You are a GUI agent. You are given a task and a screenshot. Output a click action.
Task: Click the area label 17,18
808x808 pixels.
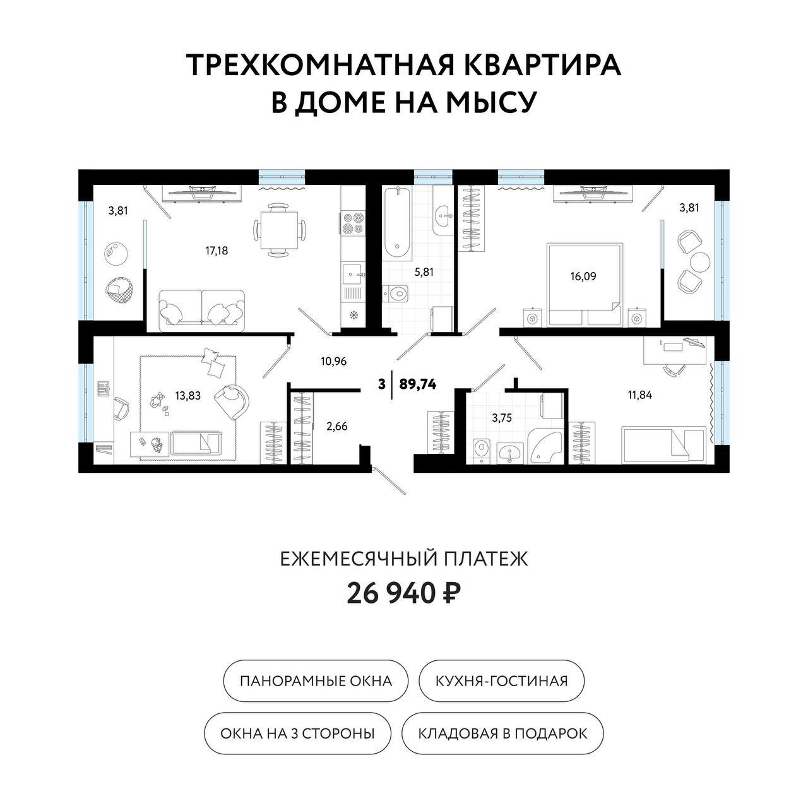pos(217,251)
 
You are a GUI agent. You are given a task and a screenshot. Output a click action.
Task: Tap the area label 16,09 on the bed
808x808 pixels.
pos(583,276)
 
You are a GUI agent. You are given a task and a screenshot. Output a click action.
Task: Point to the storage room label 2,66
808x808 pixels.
pos(336,426)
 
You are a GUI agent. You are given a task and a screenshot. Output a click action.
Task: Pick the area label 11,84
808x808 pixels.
pos(639,396)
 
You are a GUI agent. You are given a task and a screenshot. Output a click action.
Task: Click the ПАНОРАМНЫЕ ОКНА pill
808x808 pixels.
pos(316,681)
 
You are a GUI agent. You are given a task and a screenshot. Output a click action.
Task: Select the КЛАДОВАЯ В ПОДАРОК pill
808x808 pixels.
pos(502,734)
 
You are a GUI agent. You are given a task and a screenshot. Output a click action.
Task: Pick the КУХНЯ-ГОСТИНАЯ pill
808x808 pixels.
pos(502,681)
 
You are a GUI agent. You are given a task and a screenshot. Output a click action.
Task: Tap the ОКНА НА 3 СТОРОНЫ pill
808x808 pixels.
pos(297,734)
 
